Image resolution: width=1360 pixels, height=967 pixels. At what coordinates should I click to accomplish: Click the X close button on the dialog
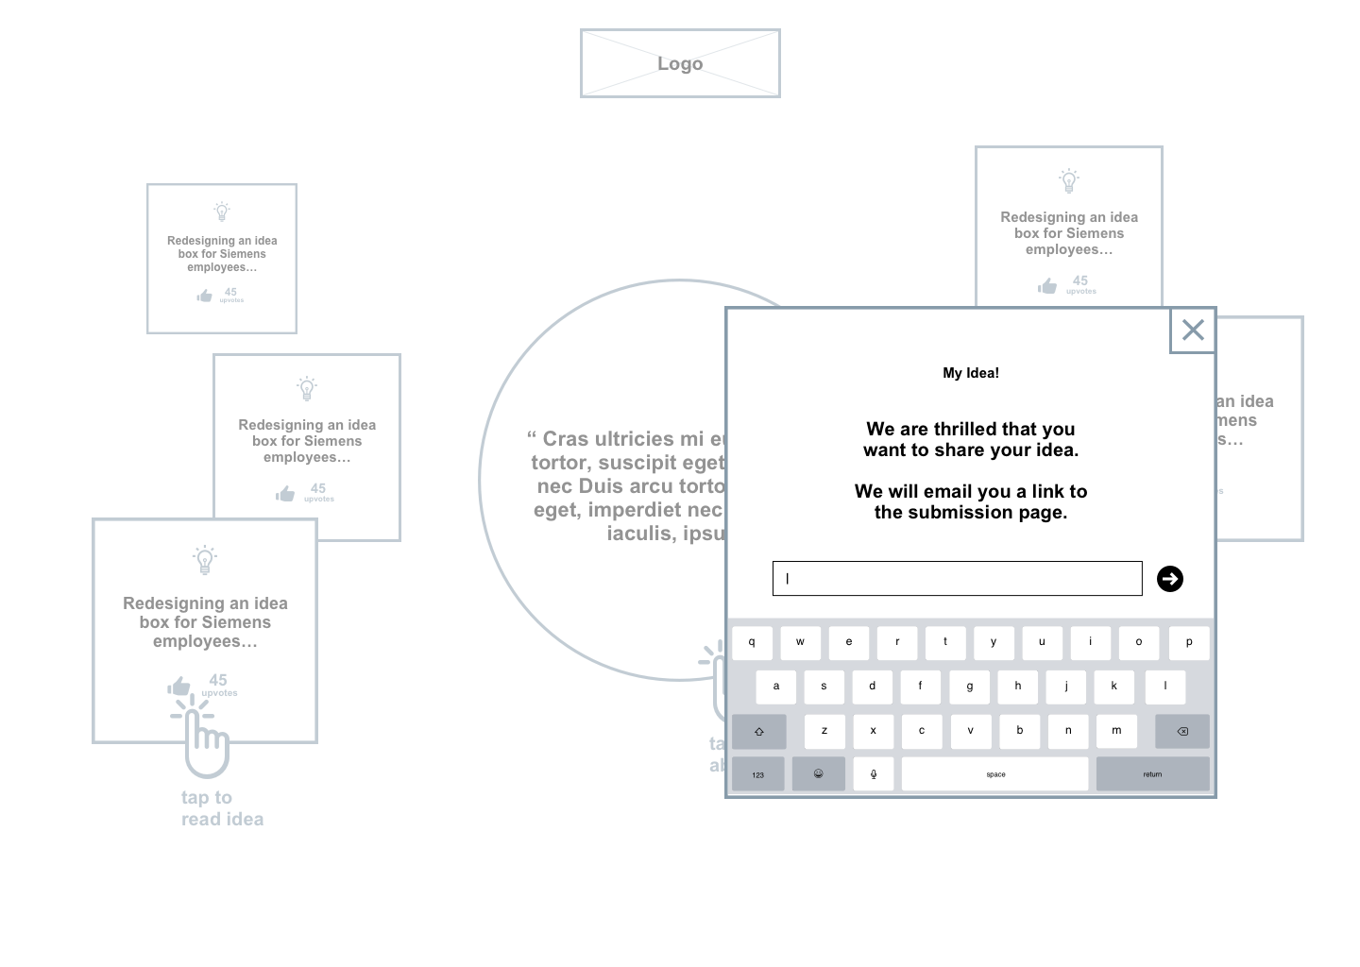click(x=1193, y=331)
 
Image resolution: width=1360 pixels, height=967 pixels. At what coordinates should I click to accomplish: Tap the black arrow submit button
click(x=1170, y=579)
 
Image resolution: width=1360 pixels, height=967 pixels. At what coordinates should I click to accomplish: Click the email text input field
click(x=957, y=579)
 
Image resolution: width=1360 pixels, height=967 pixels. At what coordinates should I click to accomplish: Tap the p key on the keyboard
click(x=1188, y=642)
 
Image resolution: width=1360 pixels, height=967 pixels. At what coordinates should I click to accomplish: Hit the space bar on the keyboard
click(x=995, y=774)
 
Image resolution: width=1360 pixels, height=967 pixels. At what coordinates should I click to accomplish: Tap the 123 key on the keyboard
click(x=758, y=774)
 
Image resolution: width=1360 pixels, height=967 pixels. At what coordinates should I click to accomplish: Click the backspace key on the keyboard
click(x=1181, y=731)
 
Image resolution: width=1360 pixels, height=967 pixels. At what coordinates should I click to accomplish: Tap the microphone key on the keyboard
click(x=874, y=774)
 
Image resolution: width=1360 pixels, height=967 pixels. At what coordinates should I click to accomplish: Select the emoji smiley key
click(x=818, y=774)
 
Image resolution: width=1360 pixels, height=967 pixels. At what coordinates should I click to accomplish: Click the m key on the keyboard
click(x=1116, y=731)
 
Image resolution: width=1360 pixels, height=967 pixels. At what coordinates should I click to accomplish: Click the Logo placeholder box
click(x=680, y=63)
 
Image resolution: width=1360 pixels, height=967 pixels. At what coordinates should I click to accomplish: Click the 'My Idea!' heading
click(x=971, y=373)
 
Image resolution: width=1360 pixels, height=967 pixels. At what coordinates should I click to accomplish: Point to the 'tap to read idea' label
click(x=222, y=808)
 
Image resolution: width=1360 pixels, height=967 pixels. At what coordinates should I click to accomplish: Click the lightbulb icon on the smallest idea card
click(x=222, y=212)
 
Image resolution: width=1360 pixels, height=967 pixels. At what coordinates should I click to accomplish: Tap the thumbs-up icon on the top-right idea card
click(x=1047, y=285)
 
